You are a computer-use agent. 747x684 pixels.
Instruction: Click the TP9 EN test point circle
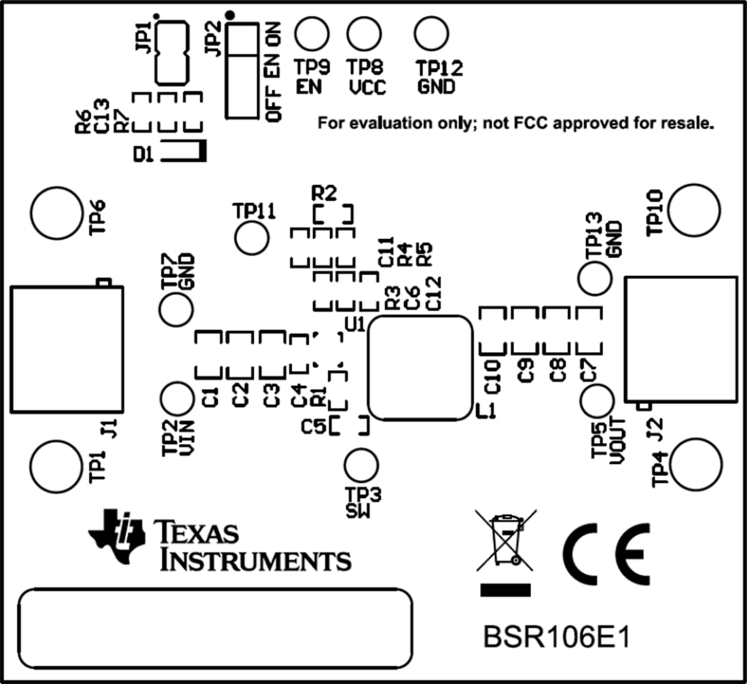(312, 33)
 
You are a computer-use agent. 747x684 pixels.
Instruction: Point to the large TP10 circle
(693, 209)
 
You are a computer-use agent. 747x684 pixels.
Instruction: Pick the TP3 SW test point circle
(361, 466)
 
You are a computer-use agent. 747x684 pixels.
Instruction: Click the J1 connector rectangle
(66, 349)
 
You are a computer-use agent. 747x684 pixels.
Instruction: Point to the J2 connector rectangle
(680, 338)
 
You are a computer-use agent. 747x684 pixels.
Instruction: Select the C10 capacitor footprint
(492, 330)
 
